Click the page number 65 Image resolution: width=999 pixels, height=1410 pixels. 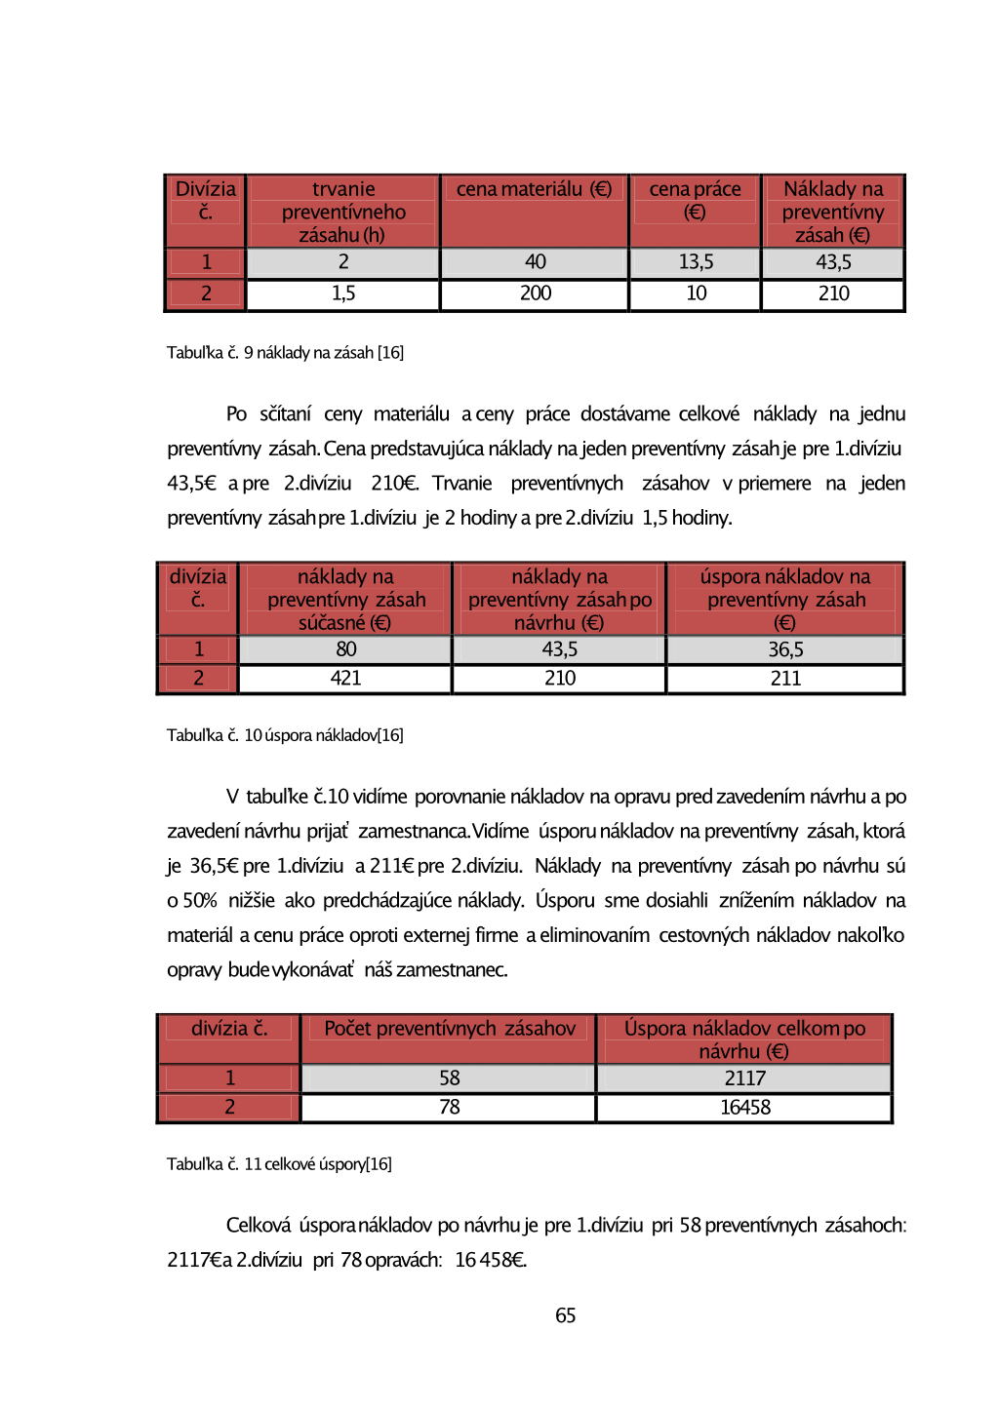(x=565, y=1315)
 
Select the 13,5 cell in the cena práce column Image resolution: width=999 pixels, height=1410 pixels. (x=696, y=262)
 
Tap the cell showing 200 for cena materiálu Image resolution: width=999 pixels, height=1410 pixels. (x=535, y=294)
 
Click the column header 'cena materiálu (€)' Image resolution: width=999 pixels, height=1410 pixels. (x=534, y=189)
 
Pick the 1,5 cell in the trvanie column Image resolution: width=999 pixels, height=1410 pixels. (x=343, y=294)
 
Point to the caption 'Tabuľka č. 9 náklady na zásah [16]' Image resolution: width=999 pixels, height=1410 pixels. (x=285, y=352)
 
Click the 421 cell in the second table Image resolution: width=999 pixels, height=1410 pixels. (x=345, y=679)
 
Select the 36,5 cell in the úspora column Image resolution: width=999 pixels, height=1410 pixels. (x=785, y=649)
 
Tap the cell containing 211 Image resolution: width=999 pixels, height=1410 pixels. (x=785, y=679)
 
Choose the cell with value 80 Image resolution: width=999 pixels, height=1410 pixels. (x=345, y=649)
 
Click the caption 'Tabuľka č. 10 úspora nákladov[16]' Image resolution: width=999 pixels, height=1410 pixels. (x=285, y=735)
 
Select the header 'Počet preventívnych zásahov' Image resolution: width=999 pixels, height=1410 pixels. (x=449, y=1029)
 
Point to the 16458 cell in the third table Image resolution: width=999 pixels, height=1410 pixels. (x=744, y=1108)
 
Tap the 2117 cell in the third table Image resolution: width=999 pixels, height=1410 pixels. (x=744, y=1078)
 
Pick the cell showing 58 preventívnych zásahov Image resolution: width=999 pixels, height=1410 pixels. (x=449, y=1078)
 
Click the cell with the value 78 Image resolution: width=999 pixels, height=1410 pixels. (x=449, y=1108)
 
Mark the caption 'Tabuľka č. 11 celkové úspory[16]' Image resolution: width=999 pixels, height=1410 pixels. (x=279, y=1164)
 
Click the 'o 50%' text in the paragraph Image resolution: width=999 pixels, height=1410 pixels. (x=191, y=901)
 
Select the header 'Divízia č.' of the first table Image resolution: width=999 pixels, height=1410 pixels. (x=205, y=200)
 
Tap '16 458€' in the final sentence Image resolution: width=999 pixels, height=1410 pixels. (x=491, y=1260)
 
